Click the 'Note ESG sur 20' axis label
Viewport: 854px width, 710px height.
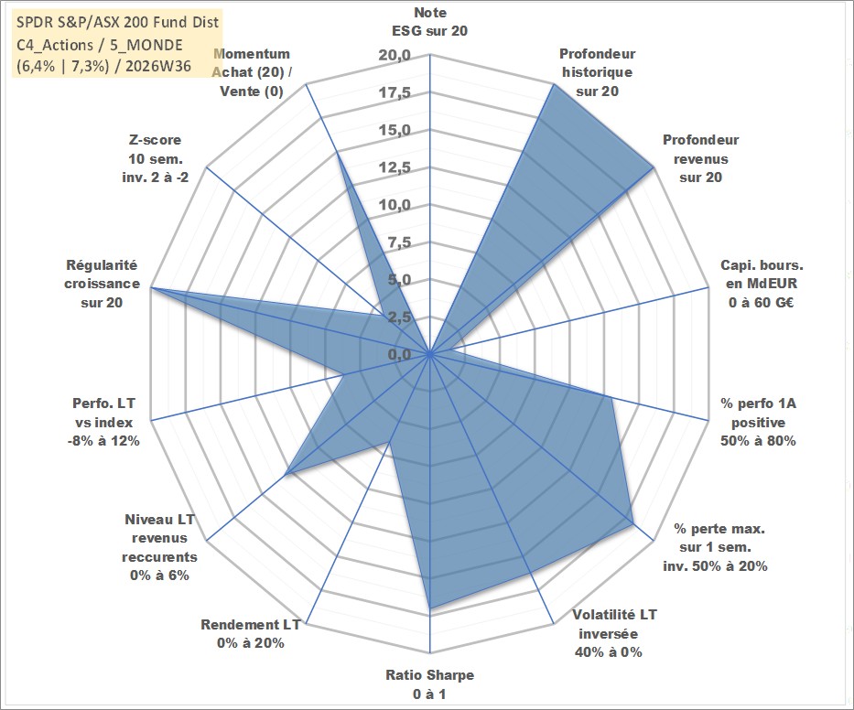click(429, 22)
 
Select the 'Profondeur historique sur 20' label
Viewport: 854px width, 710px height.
click(597, 72)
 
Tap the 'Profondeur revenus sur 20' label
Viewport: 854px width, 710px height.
click(700, 158)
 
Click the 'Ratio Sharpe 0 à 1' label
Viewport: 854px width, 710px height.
click(429, 684)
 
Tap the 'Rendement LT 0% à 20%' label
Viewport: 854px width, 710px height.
click(251, 634)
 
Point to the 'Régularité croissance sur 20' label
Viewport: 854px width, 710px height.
click(102, 284)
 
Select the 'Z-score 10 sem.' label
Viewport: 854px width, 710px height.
click(156, 158)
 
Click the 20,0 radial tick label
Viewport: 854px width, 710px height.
click(395, 56)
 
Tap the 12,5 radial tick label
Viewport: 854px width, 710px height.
click(395, 167)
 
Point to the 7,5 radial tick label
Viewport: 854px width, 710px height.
click(399, 242)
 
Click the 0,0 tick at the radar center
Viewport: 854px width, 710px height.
click(399, 354)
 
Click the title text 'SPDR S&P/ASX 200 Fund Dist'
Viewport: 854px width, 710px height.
click(117, 22)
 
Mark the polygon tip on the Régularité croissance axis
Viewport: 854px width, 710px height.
click(152, 287)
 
